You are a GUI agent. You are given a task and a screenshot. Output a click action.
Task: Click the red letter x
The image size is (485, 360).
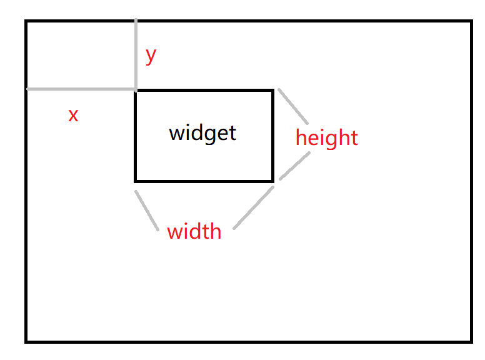(73, 115)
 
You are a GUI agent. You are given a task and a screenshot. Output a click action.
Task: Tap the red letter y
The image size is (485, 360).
(151, 56)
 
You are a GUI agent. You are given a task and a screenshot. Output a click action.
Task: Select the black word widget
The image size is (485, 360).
(202, 133)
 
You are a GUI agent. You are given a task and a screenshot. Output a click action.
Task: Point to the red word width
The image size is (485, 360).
(194, 232)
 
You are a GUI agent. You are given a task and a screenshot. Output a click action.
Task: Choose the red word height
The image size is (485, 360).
(326, 137)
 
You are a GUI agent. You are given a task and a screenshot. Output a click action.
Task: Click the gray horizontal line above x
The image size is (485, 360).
(81, 89)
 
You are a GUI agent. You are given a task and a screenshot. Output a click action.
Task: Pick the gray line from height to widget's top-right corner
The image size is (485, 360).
(293, 106)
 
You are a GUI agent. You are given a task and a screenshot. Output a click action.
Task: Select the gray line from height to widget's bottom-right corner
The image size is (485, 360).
(294, 166)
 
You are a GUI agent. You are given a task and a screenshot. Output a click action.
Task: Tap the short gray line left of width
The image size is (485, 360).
(146, 211)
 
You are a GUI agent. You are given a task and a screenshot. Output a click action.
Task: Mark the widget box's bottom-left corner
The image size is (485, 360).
(136, 181)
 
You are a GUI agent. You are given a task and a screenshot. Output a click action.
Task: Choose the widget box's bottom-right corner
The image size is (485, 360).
(272, 181)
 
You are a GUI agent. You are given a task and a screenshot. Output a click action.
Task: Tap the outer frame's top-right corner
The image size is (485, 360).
(471, 22)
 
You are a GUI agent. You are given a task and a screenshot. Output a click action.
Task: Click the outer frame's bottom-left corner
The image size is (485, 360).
(27, 341)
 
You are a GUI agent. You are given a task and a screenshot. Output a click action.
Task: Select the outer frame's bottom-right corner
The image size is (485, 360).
(471, 341)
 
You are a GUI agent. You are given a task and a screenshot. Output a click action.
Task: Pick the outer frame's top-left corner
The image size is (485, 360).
(27, 22)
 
